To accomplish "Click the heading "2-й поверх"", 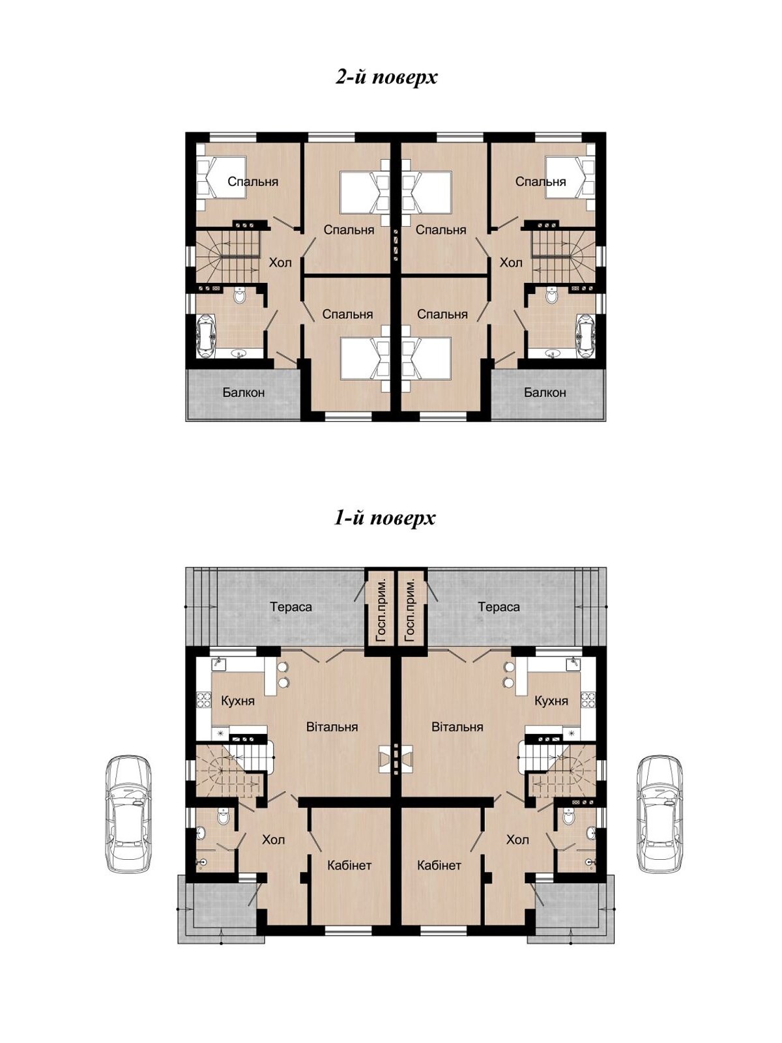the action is [x=386, y=78].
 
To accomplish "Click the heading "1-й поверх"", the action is [x=384, y=518].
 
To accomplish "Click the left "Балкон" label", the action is [x=244, y=392].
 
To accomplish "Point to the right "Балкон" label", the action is [x=545, y=392].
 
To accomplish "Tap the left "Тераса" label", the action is [x=291, y=607].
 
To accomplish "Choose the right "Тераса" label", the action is [x=499, y=607].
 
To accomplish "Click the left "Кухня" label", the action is [x=238, y=701].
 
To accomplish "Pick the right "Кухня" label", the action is [x=551, y=701].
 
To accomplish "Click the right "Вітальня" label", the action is [x=457, y=727].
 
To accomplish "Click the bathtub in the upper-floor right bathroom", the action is [x=586, y=335].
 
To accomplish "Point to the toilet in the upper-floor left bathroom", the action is [x=240, y=295].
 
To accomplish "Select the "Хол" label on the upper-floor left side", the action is [x=280, y=262].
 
